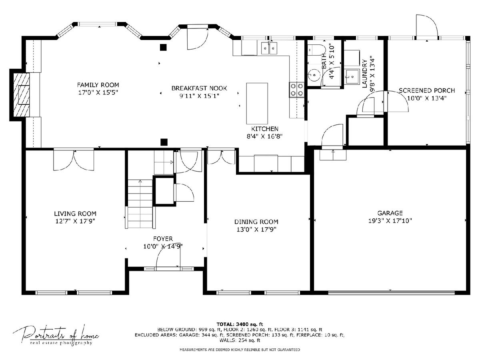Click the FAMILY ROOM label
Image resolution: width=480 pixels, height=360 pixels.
[x=98, y=85]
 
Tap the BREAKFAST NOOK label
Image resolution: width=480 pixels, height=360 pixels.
[x=199, y=88]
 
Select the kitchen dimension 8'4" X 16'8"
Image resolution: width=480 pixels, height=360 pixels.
[x=265, y=136]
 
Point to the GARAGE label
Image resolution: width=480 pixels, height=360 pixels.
[x=390, y=213]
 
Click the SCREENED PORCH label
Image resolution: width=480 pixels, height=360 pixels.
[x=427, y=90]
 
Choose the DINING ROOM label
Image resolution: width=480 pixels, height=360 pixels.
[x=256, y=222]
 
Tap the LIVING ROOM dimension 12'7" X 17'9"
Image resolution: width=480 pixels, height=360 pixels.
[x=75, y=221]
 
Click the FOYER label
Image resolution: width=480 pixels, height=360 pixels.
[x=163, y=239]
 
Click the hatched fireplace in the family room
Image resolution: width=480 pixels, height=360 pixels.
[x=22, y=95]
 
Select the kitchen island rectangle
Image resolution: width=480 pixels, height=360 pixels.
[x=257, y=104]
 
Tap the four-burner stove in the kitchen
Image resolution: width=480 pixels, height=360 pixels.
[x=297, y=90]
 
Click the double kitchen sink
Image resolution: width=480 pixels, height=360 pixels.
[x=269, y=48]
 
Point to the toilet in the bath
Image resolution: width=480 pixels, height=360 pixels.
[x=317, y=50]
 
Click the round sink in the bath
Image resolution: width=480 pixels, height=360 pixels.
[x=314, y=75]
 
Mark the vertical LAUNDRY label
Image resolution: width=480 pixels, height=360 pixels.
[x=364, y=74]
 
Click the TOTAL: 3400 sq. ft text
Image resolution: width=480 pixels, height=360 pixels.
[x=240, y=324]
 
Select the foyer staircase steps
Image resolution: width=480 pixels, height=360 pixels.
[x=140, y=204]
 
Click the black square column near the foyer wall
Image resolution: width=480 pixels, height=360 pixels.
[x=164, y=142]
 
